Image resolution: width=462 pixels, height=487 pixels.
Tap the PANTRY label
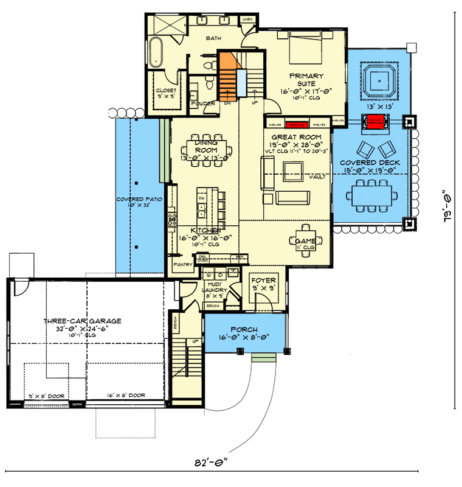coord(183,265)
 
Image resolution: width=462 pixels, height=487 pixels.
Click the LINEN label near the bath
coord(247,19)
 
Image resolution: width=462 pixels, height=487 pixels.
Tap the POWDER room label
coord(203,103)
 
